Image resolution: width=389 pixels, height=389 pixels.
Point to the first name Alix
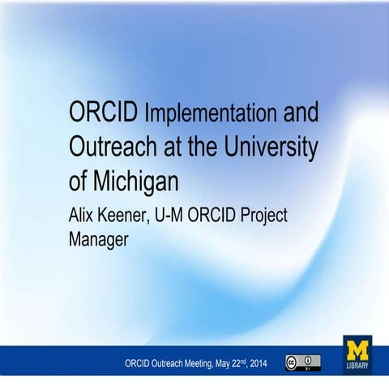[85, 215]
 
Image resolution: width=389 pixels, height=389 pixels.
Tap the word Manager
[99, 240]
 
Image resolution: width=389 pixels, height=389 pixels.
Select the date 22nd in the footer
[239, 363]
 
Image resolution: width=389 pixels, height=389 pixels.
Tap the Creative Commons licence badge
[302, 363]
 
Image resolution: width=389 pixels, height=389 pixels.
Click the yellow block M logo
[357, 350]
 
